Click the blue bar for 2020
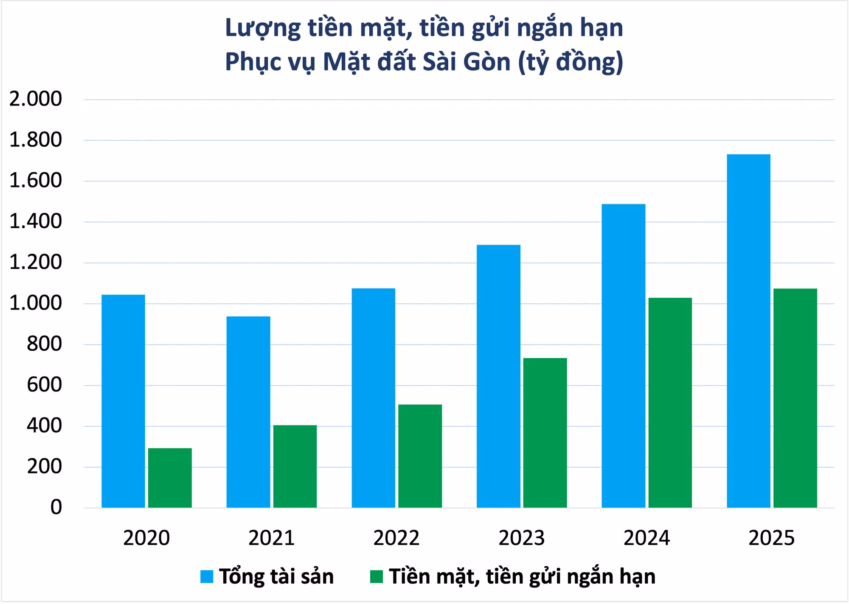point(123,401)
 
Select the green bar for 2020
point(170,478)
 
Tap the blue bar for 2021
point(248,412)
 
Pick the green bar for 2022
point(420,456)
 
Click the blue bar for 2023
point(498,376)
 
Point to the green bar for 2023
point(545,433)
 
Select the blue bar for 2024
point(624,356)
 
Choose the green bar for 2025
point(795,398)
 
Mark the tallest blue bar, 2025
point(748,331)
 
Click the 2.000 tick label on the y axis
point(36,99)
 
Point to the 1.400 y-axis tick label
point(36,221)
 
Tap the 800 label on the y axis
point(45,344)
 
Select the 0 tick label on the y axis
point(56,507)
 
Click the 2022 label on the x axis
point(396,538)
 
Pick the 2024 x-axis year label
point(647,538)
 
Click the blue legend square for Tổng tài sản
point(207,577)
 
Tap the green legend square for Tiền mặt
point(377,577)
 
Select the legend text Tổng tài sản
point(276,577)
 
